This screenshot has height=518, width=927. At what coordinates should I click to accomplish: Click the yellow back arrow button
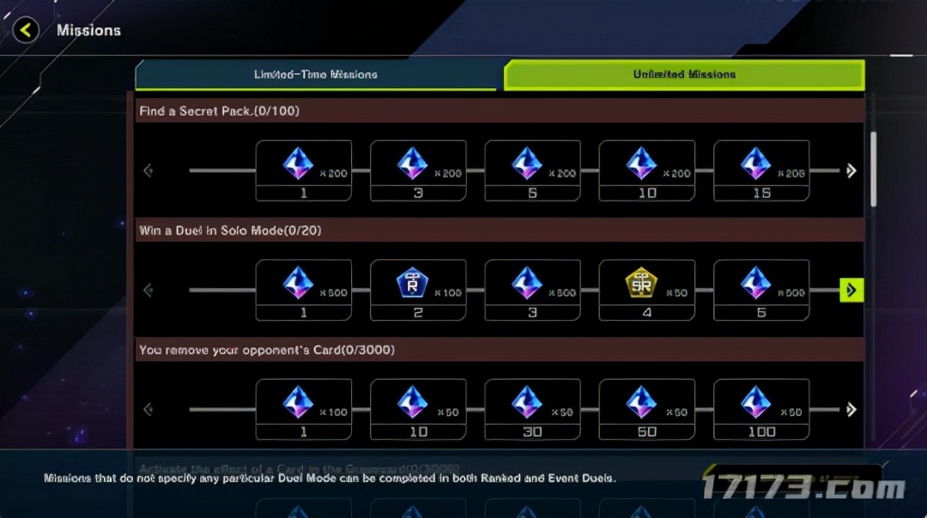click(x=27, y=31)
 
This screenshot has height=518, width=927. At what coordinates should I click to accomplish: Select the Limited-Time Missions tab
click(x=316, y=75)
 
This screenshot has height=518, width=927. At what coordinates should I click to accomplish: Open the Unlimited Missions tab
click(x=684, y=75)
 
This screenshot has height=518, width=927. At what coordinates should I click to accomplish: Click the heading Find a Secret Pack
click(x=219, y=111)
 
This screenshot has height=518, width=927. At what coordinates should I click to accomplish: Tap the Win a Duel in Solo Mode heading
click(x=230, y=230)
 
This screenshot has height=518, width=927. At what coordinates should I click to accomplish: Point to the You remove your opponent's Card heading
click(x=267, y=350)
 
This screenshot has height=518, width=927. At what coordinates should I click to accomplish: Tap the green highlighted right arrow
click(x=851, y=291)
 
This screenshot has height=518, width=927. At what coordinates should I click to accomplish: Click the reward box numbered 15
click(x=761, y=171)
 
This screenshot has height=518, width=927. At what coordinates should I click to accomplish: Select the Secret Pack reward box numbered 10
click(x=646, y=171)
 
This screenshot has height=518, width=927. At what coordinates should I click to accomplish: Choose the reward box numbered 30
click(x=532, y=410)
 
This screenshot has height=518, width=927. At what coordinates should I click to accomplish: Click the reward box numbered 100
click(x=761, y=410)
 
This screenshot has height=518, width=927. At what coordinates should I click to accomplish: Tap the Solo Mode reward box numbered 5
click(x=761, y=290)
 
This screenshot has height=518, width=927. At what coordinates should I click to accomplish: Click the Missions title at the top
click(x=88, y=31)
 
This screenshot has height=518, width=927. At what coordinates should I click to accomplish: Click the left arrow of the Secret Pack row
click(x=148, y=171)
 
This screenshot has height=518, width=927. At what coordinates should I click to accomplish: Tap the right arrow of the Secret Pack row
click(x=851, y=171)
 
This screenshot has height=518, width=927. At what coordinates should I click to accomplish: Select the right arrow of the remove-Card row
click(x=851, y=410)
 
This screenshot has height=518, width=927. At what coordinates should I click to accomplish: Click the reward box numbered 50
click(x=646, y=410)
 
